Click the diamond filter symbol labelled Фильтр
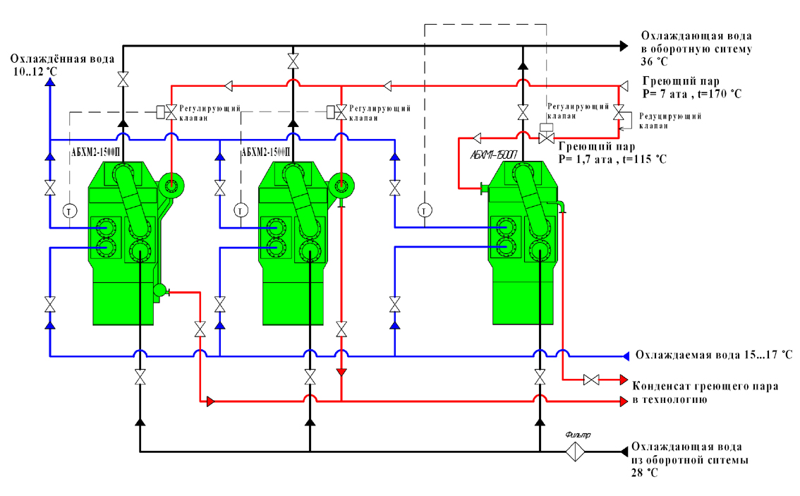575,451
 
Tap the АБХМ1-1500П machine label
494,154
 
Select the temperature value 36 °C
654,61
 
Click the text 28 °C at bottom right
644,473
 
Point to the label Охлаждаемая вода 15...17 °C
714,355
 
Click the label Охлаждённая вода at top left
62,59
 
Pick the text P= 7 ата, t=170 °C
692,94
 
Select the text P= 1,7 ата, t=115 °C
612,159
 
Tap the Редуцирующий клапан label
670,121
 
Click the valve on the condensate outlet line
591,380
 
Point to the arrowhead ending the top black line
624,46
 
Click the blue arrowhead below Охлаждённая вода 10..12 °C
50,81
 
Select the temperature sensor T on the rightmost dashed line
425,210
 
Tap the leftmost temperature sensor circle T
70,210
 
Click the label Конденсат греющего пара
705,386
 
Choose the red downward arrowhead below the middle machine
341,373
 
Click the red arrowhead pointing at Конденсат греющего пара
624,380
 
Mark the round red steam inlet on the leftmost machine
172,185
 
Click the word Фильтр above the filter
578,435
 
